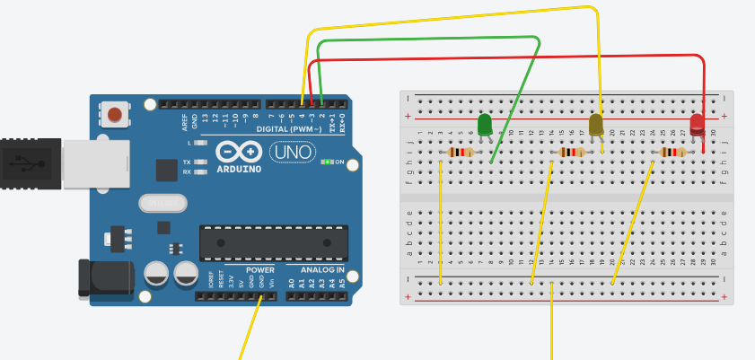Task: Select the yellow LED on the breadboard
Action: pyautogui.click(x=597, y=125)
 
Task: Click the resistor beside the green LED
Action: pyautogui.click(x=461, y=153)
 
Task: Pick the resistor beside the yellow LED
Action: pyautogui.click(x=571, y=153)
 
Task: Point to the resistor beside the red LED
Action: pyautogui.click(x=672, y=153)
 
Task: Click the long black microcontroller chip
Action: pyautogui.click(x=273, y=241)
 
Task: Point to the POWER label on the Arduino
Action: pyautogui.click(x=260, y=269)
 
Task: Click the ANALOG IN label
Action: pyautogui.click(x=315, y=269)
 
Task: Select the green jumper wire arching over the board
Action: pyautogui.click(x=431, y=39)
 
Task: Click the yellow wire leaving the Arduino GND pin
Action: pyautogui.click(x=250, y=329)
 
